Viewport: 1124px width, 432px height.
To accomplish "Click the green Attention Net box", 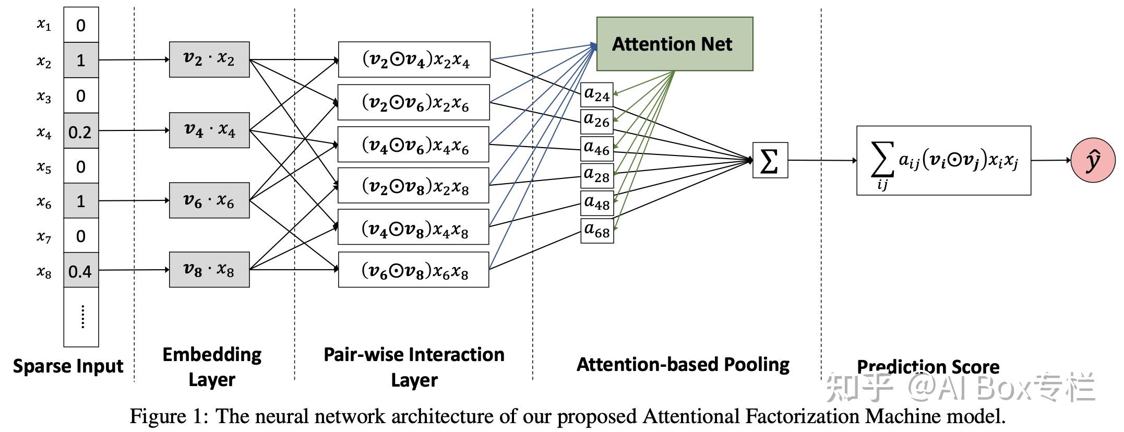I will pyautogui.click(x=674, y=44).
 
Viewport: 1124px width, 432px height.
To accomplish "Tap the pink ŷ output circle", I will pyautogui.click(x=1093, y=160).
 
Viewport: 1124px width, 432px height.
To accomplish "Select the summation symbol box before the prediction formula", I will pyautogui.click(x=770, y=160).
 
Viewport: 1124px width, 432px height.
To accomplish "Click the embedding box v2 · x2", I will pyautogui.click(x=209, y=59).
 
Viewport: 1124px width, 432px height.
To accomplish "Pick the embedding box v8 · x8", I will pyautogui.click(x=209, y=270).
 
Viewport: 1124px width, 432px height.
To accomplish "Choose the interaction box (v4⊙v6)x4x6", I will pyautogui.click(x=414, y=145).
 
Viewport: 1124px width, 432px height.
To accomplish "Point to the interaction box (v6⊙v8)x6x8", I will pyautogui.click(x=414, y=270).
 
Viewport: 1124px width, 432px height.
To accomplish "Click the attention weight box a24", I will pyautogui.click(x=597, y=95).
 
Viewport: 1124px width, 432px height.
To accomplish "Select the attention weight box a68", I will pyautogui.click(x=597, y=231).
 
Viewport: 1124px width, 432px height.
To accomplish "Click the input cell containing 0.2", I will pyautogui.click(x=81, y=131).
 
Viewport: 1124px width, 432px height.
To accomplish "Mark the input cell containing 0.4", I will pyautogui.click(x=81, y=271).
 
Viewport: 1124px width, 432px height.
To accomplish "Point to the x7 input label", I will pyautogui.click(x=44, y=237).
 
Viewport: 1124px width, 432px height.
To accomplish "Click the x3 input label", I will pyautogui.click(x=44, y=97).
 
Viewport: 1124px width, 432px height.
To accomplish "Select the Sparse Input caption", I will pyautogui.click(x=68, y=366).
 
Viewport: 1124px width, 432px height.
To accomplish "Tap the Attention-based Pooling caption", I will pyautogui.click(x=683, y=364).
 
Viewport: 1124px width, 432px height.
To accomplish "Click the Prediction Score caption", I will pyautogui.click(x=928, y=366).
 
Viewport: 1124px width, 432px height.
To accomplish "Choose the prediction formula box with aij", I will pyautogui.click(x=943, y=161).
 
